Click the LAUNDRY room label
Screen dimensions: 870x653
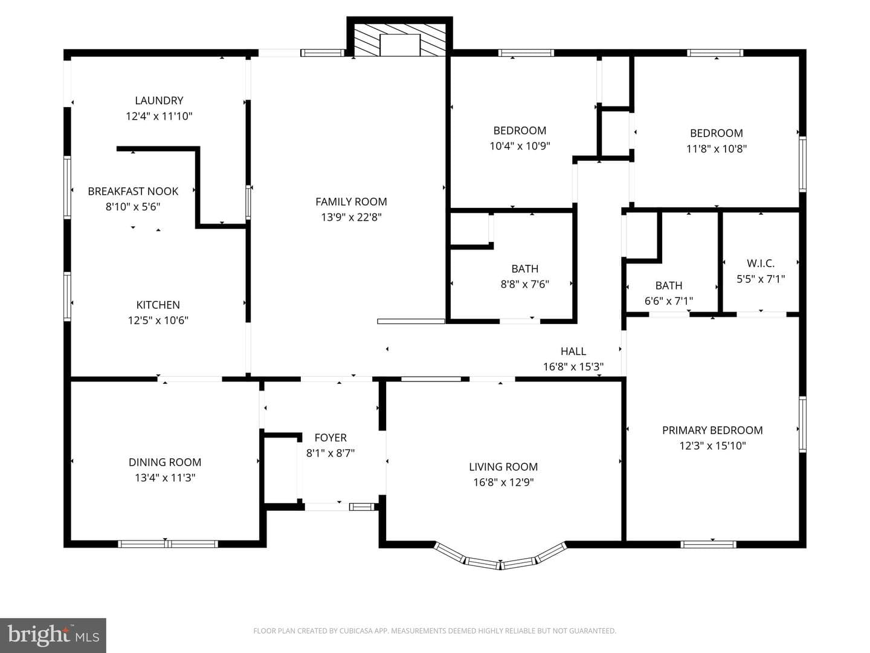[159, 101]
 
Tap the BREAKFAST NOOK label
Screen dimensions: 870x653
[133, 192]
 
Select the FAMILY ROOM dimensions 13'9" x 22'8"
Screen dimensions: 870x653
[351, 217]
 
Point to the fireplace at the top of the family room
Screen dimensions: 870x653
[399, 39]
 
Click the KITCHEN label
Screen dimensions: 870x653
[158, 305]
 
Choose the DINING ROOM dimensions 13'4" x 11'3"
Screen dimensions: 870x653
[166, 478]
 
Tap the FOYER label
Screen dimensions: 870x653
[330, 438]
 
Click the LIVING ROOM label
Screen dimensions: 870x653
[503, 467]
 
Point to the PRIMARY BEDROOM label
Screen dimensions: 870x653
[712, 430]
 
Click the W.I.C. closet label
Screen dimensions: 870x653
[761, 263]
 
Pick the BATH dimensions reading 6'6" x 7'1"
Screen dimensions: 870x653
[669, 301]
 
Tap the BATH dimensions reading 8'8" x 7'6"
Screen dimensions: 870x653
[525, 284]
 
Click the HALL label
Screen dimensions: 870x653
[573, 351]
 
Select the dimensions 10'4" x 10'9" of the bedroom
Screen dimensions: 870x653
[520, 146]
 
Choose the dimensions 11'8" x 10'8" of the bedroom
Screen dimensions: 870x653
[717, 149]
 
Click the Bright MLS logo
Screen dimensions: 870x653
[53, 635]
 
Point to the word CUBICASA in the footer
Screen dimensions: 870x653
[355, 631]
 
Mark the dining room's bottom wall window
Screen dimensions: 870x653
[168, 544]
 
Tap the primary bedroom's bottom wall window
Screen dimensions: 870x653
[708, 544]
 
